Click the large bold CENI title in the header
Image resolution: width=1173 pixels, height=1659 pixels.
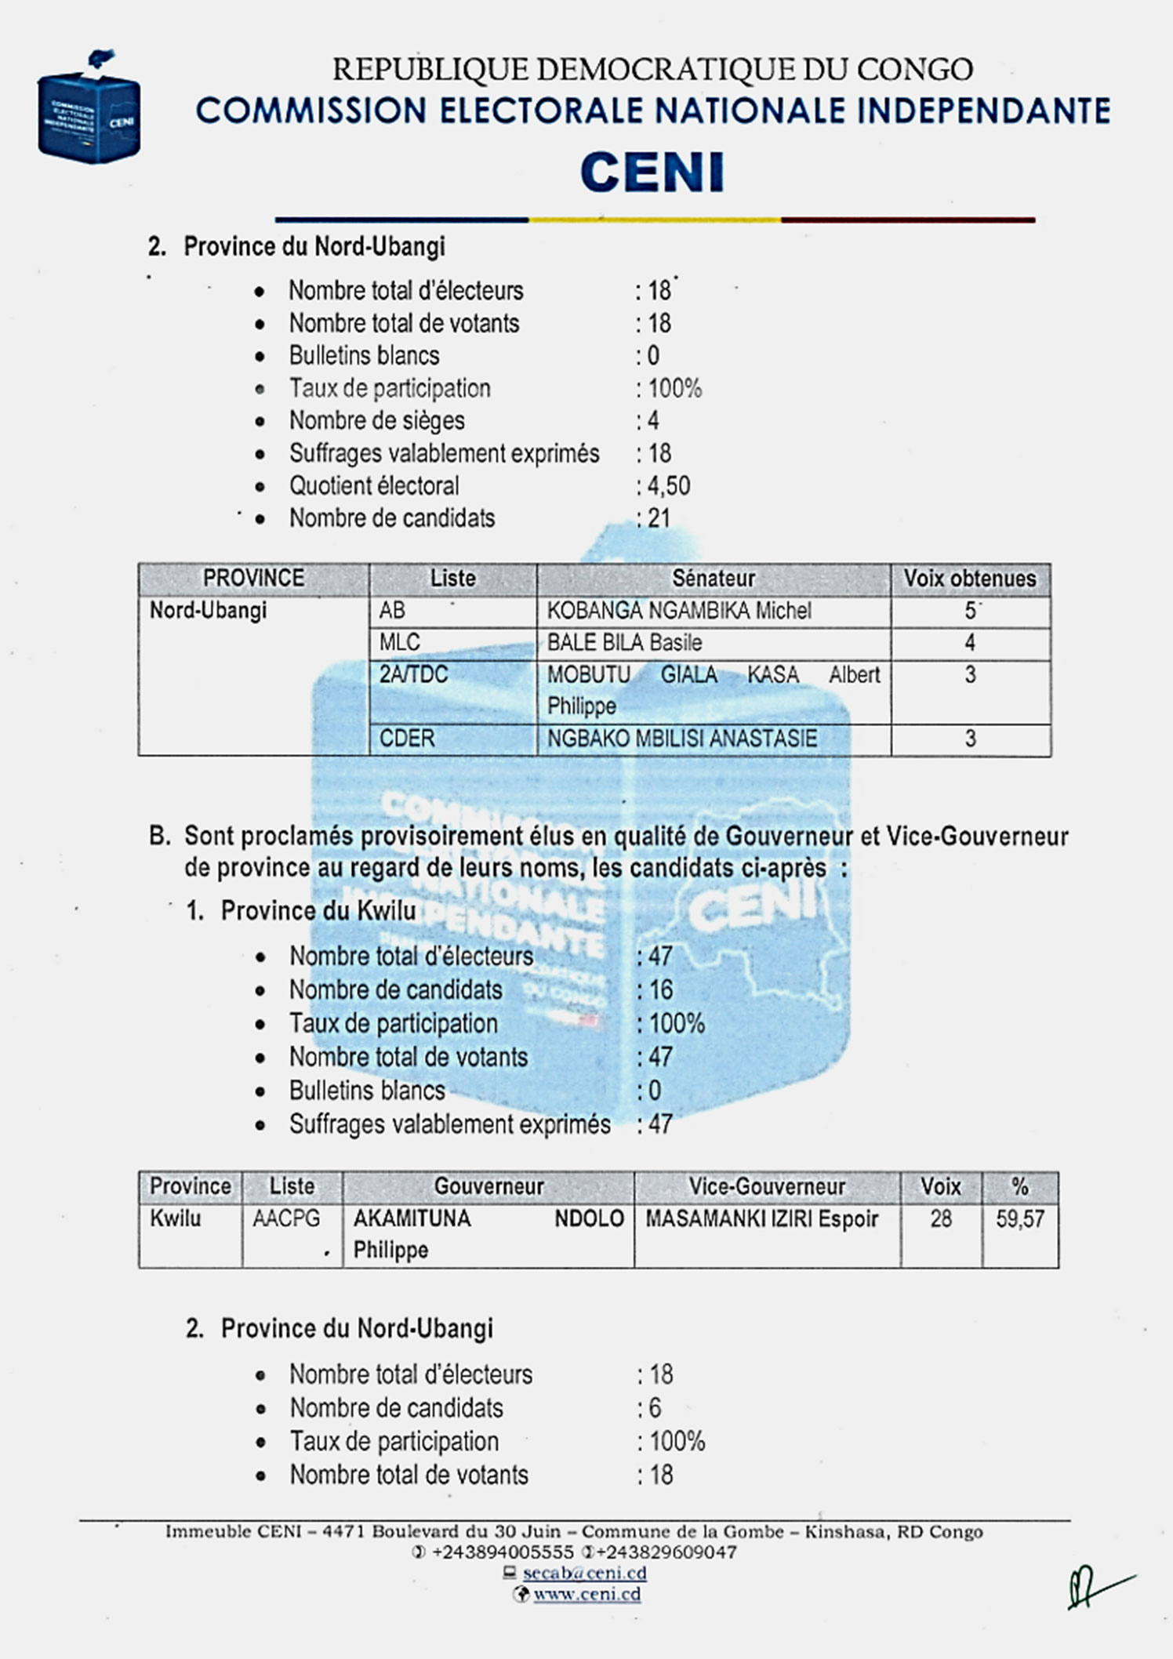point(652,173)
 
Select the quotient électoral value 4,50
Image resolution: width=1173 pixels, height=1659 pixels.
point(668,486)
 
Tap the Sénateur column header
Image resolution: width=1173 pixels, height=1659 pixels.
point(713,579)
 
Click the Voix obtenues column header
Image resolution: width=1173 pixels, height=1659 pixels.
point(970,579)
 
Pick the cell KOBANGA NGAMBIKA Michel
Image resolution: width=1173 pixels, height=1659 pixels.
point(679,611)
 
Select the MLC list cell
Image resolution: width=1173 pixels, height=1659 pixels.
point(400,643)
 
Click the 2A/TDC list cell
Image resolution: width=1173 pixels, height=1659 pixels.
point(413,675)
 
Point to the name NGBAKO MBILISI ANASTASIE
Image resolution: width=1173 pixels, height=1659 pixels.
point(681,739)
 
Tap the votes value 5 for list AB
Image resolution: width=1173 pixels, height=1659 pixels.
point(970,611)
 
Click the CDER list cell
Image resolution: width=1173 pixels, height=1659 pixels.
point(406,739)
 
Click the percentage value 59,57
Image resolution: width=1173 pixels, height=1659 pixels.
point(1020,1219)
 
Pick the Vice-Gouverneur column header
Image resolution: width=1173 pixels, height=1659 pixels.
point(766,1186)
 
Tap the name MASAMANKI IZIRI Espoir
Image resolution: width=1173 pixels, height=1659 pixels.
point(761,1219)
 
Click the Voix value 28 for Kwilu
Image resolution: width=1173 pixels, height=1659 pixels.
point(941,1219)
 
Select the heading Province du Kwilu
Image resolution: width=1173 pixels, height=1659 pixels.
point(318,911)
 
